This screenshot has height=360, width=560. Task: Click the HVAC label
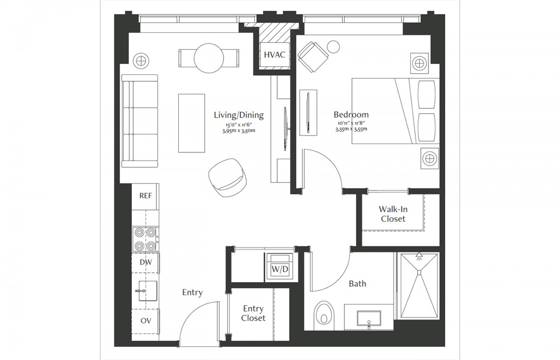pyautogui.click(x=274, y=55)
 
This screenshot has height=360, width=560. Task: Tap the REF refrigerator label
pyautogui.click(x=146, y=196)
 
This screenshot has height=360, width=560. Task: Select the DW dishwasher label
pyautogui.click(x=146, y=262)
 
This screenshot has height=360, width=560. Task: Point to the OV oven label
pyautogui.click(x=146, y=320)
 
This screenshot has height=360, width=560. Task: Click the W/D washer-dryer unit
pyautogui.click(x=280, y=267)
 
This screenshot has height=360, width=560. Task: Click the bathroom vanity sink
pyautogui.click(x=369, y=318)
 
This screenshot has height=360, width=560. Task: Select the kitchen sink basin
pyautogui.click(x=147, y=291)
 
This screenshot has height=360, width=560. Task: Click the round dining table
pyautogui.click(x=209, y=58)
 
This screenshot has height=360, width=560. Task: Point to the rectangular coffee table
pyautogui.click(x=191, y=123)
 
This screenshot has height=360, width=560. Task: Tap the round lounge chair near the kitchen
pyautogui.click(x=228, y=177)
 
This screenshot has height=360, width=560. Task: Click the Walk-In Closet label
pyautogui.click(x=393, y=214)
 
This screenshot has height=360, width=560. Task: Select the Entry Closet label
pyautogui.click(x=253, y=313)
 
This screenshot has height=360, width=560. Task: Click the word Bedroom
pyautogui.click(x=351, y=114)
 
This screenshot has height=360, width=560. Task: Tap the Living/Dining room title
pyautogui.click(x=239, y=115)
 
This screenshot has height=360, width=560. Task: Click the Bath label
pyautogui.click(x=357, y=284)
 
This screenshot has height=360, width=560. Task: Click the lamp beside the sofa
pyautogui.click(x=141, y=61)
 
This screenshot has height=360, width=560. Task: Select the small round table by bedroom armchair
pyautogui.click(x=333, y=47)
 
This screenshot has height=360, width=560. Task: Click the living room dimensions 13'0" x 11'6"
pyautogui.click(x=239, y=125)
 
